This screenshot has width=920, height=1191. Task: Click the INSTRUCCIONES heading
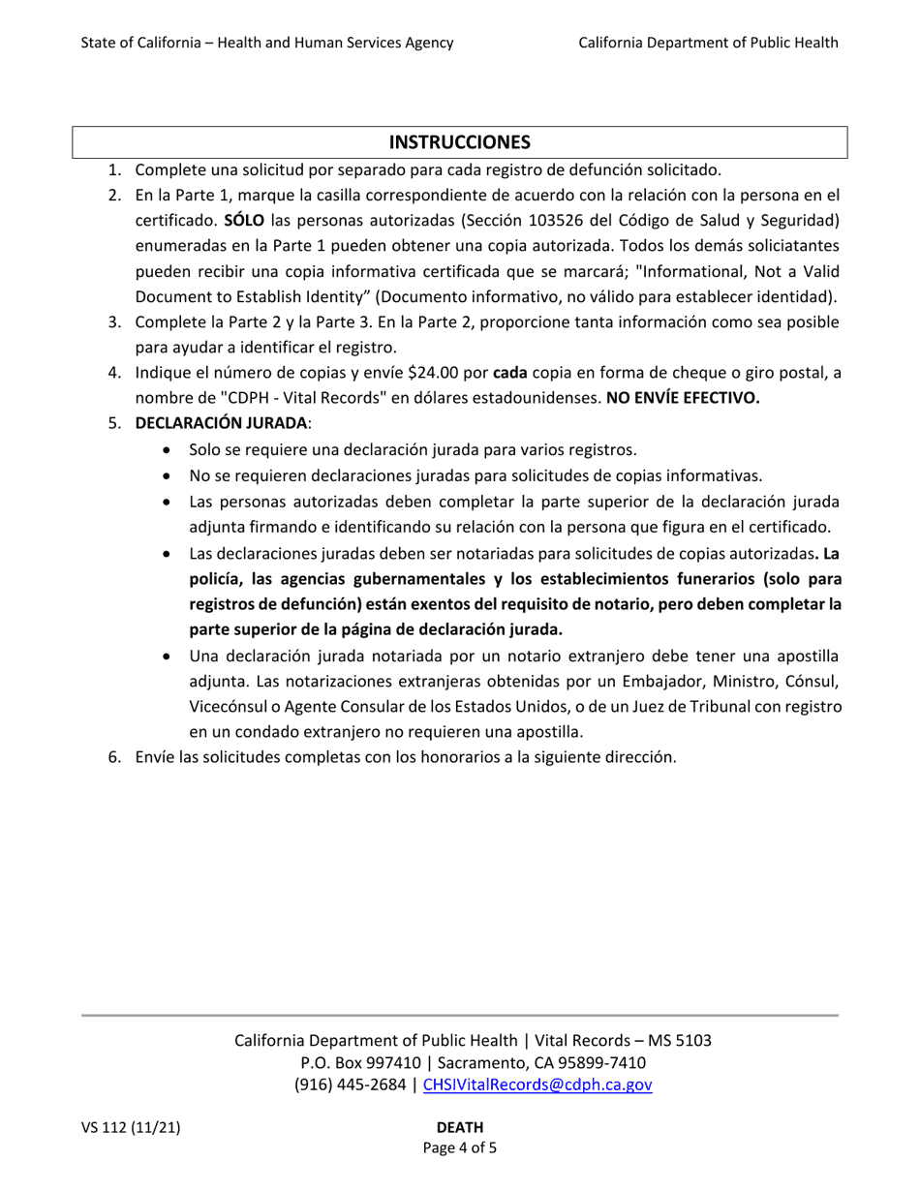tap(459, 142)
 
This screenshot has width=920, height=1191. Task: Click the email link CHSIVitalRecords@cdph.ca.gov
tap(537, 1084)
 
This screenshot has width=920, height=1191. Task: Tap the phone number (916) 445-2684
tap(350, 1084)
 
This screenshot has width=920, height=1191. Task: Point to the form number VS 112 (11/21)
tap(130, 1127)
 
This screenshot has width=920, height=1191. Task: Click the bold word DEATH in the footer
tap(460, 1127)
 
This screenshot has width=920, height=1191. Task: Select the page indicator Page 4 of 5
tap(460, 1148)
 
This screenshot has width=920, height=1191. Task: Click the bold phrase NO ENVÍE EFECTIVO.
tap(683, 397)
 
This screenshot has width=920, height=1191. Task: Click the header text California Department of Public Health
tap(708, 42)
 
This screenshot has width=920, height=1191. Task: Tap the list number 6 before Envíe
tap(113, 757)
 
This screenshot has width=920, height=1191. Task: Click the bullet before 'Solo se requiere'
tap(170, 450)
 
